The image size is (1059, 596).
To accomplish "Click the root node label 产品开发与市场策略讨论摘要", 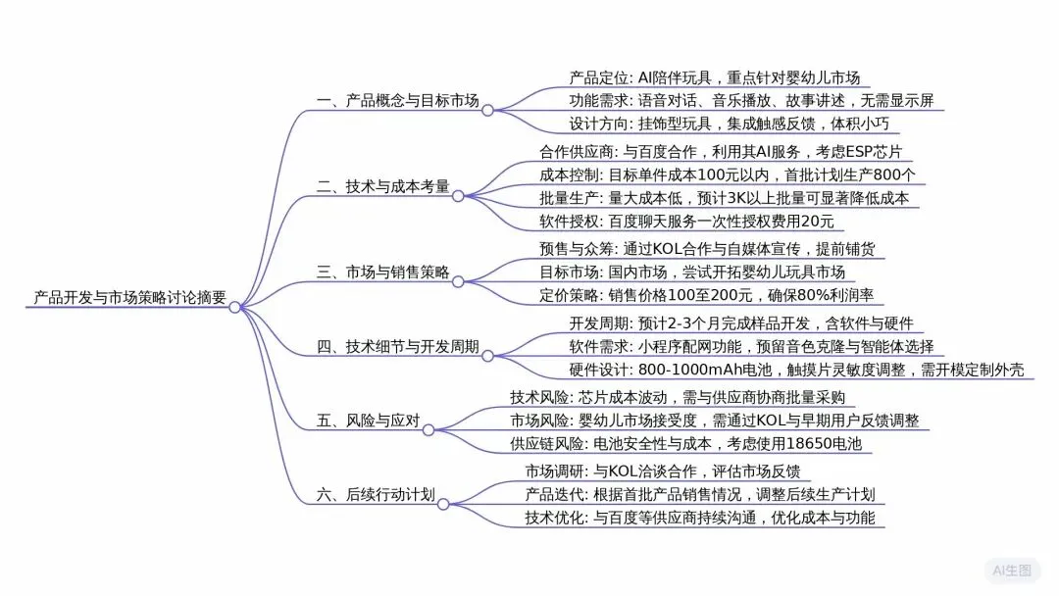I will click(128, 297).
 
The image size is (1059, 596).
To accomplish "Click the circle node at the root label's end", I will click(234, 307).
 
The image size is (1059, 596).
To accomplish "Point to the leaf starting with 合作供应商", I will click(727, 152).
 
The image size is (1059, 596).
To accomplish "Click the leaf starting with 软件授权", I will click(686, 223).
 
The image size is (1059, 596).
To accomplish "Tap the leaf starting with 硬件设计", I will click(796, 370).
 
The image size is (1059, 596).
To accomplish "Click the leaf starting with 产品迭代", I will click(699, 494).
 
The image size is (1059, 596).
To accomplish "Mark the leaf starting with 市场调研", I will click(663, 470).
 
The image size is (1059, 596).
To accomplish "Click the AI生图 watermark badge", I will click(1011, 570).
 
